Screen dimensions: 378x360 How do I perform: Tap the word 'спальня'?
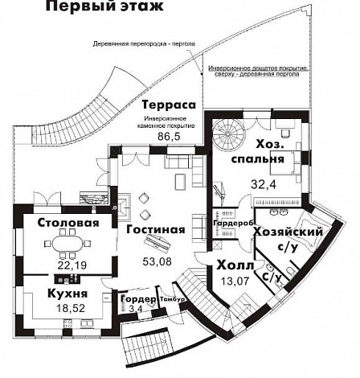click(x=258, y=158)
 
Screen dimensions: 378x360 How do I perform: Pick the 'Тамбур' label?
click(x=173, y=300)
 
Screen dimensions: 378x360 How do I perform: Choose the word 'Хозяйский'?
click(x=288, y=232)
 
